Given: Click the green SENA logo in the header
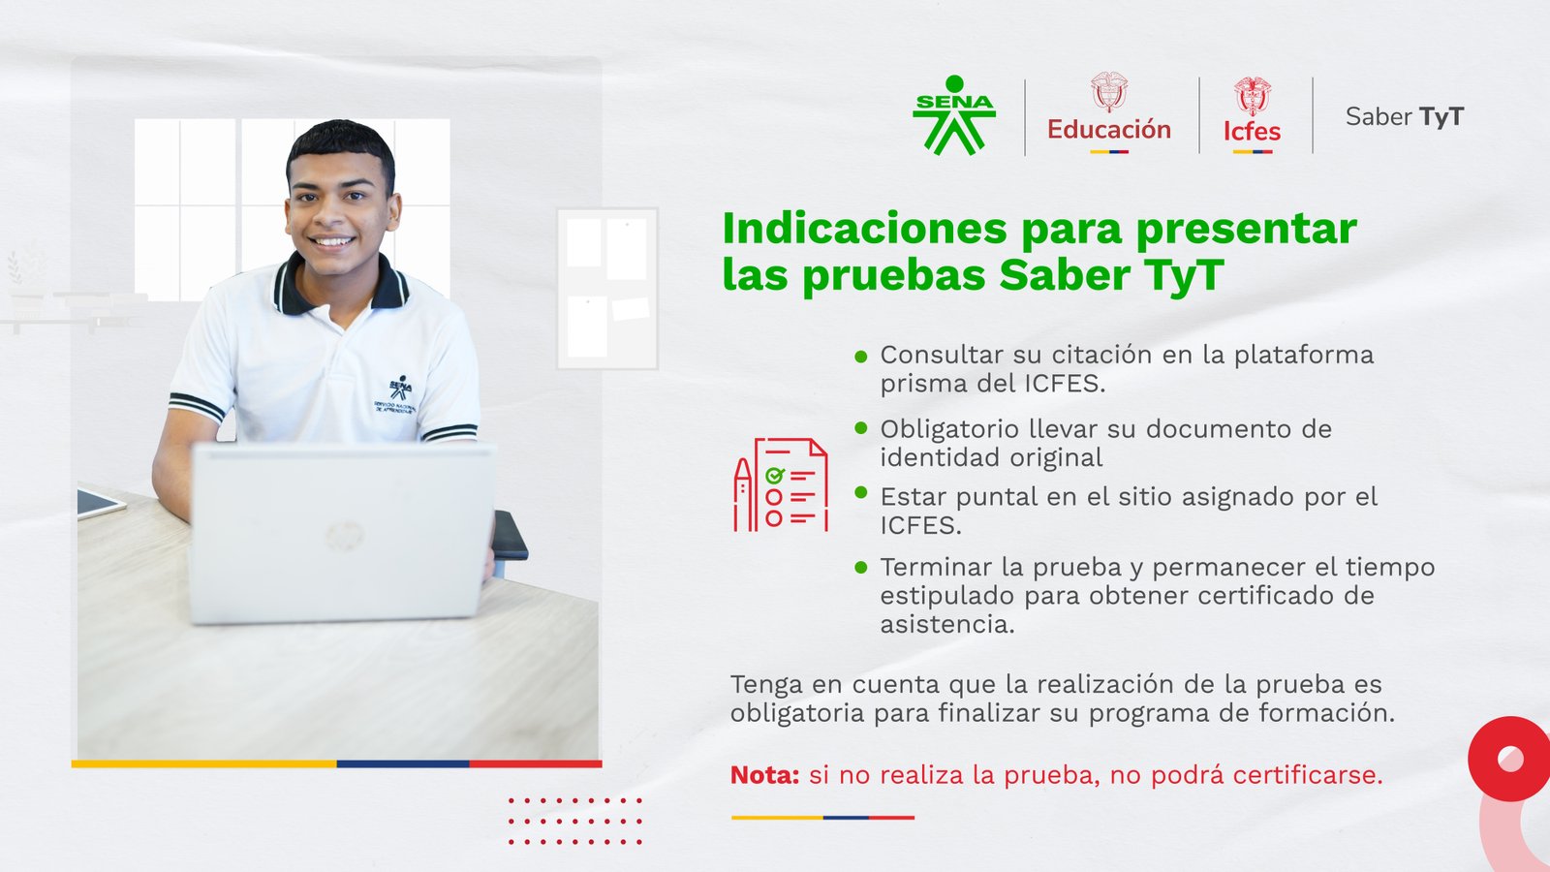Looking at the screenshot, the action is (954, 115).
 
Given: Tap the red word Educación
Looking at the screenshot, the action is (1108, 130).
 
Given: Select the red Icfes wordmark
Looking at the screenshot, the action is (1252, 131).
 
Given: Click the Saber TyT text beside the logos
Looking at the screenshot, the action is (1405, 117).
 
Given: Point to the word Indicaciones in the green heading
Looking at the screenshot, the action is (866, 229).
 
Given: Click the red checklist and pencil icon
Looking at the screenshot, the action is (781, 485).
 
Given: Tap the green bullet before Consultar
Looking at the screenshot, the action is (861, 357).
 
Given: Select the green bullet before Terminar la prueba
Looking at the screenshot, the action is (861, 568).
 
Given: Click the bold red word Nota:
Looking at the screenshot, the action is (764, 775).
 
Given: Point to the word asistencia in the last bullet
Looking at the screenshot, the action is (946, 624).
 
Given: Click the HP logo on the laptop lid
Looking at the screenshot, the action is (344, 537).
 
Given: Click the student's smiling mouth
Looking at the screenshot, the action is (332, 242).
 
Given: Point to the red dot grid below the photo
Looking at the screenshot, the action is (575, 822).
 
